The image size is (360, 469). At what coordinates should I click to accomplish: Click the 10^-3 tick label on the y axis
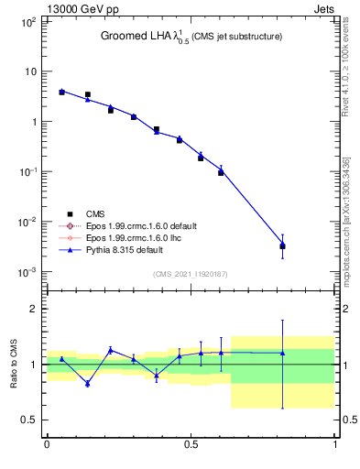pos(27,272)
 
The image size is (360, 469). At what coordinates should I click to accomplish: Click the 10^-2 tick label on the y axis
pos(27,222)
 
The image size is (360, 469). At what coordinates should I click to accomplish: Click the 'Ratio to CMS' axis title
pos(14,364)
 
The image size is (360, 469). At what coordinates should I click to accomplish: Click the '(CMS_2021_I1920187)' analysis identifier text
pos(191,274)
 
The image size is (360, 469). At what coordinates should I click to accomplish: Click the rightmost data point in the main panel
pos(282,245)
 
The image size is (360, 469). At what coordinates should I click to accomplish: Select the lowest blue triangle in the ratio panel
pos(88,383)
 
